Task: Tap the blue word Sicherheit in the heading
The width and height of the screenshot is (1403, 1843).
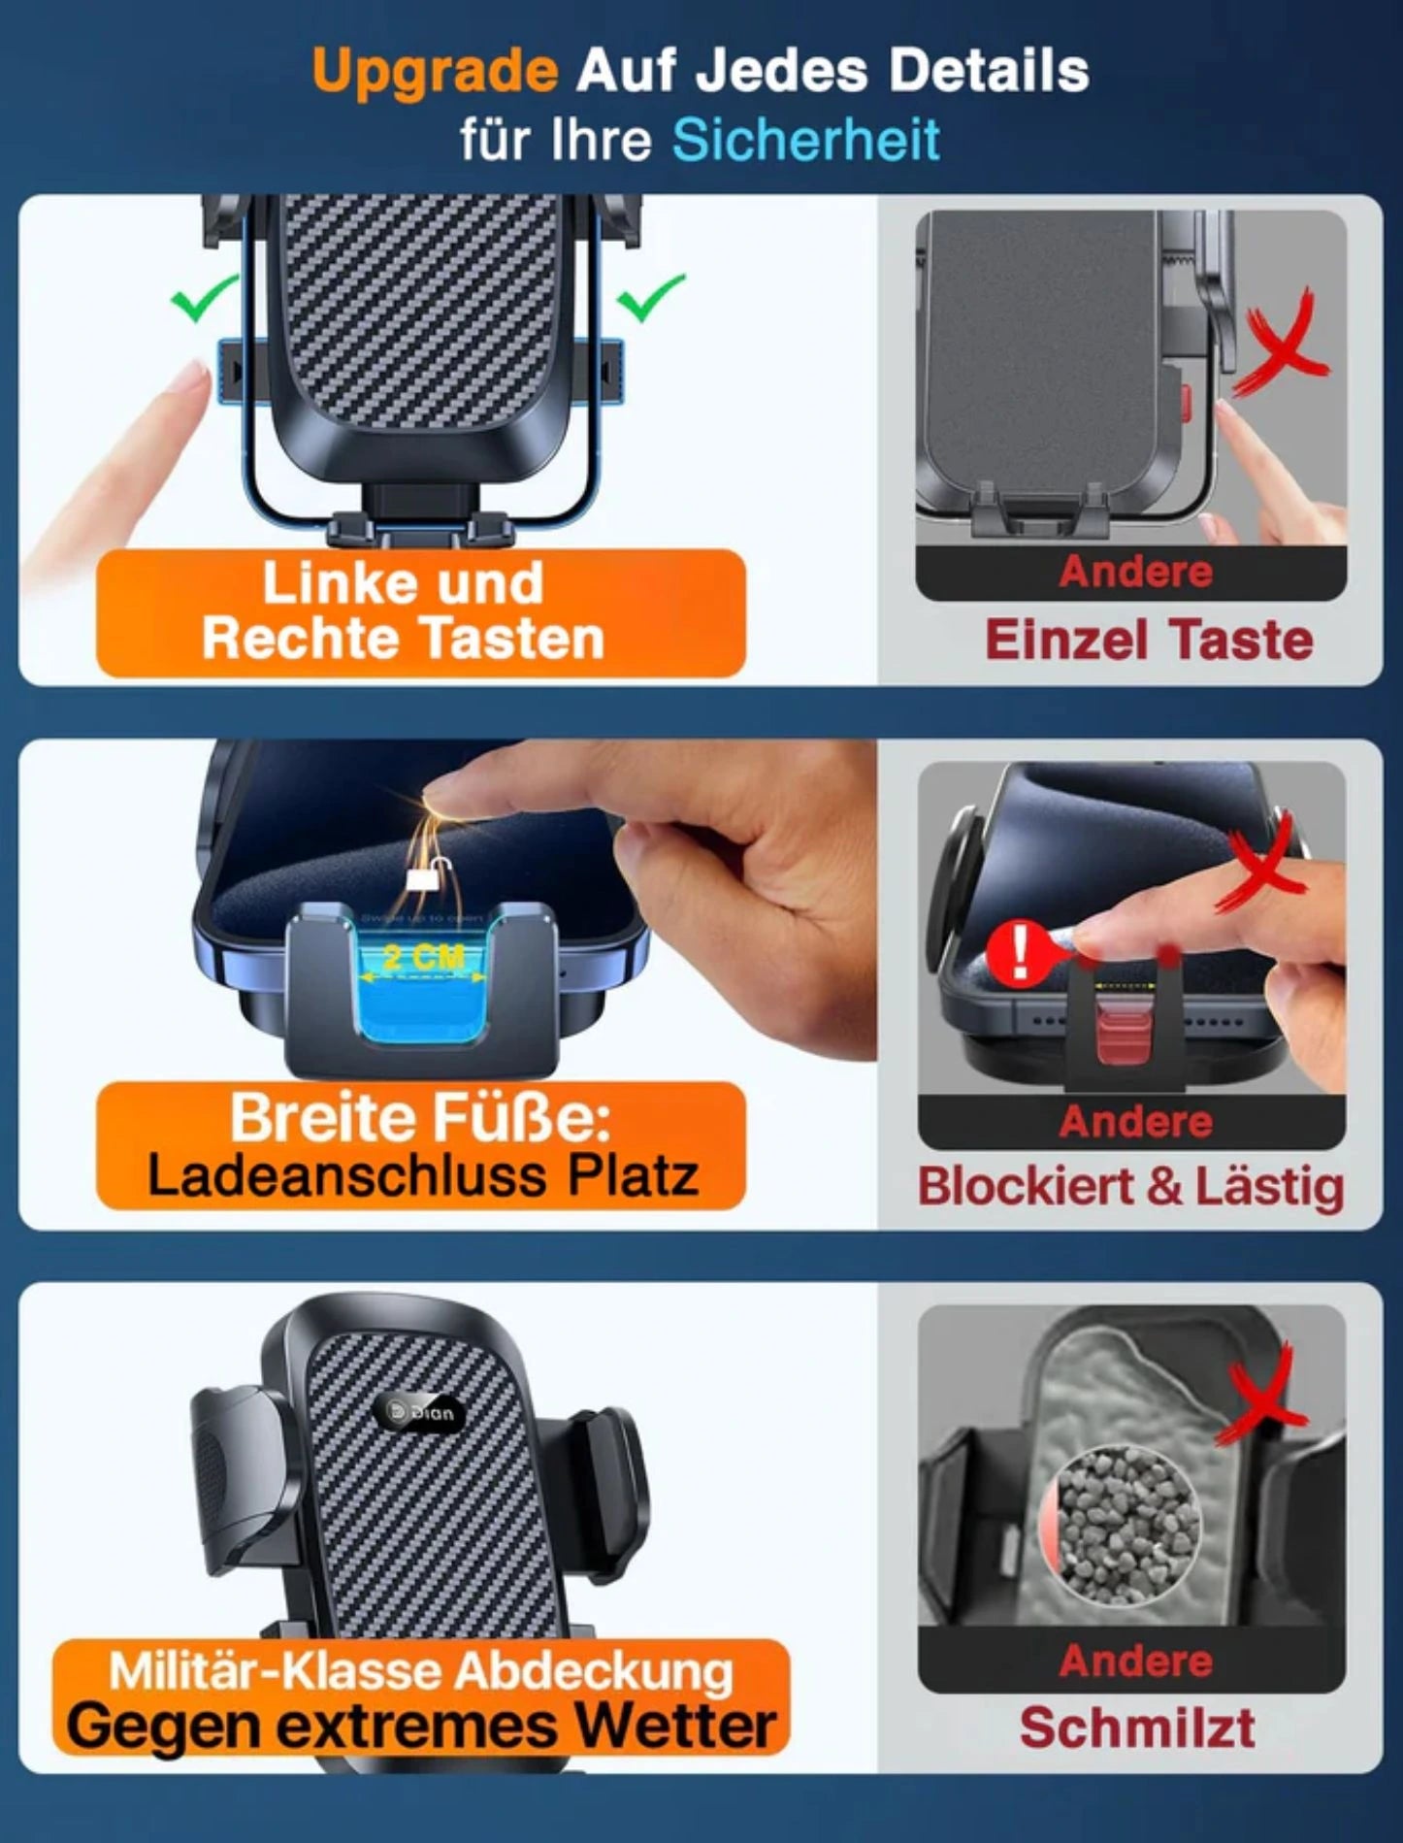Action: coord(806,140)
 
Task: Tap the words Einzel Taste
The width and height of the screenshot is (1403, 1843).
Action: coord(1149,641)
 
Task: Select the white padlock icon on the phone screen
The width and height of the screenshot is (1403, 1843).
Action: coord(420,877)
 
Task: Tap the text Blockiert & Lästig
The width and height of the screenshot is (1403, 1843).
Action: coord(1130,1187)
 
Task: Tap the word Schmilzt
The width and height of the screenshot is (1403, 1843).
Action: coord(1136,1728)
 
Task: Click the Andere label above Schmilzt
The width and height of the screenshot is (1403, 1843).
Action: coord(1135,1661)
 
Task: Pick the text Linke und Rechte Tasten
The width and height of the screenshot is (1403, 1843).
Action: coord(403,610)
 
